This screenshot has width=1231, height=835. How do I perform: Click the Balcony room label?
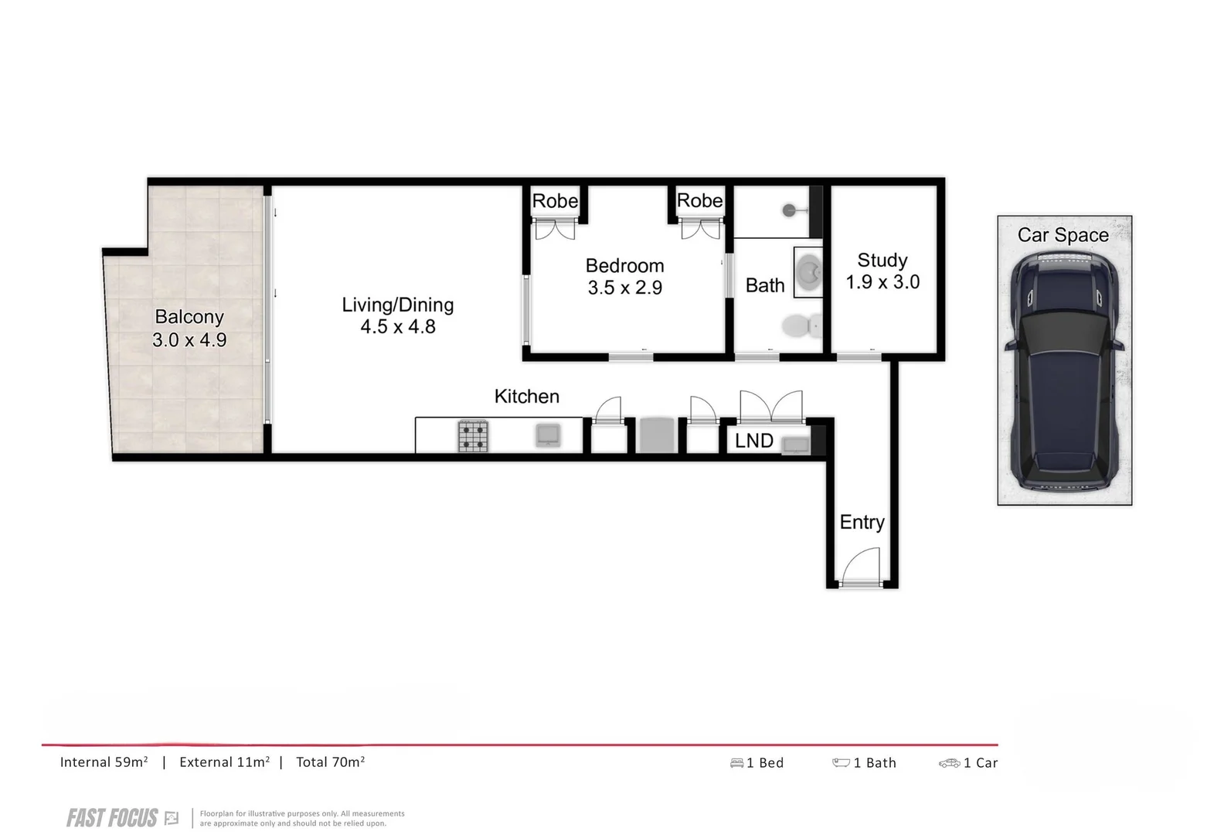189,317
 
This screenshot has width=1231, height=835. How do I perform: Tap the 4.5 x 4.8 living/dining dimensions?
398,327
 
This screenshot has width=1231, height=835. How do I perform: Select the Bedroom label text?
624,266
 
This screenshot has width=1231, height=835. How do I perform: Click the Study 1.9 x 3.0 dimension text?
882,282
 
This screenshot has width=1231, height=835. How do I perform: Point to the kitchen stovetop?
473,436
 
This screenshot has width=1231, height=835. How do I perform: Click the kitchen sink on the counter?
548,435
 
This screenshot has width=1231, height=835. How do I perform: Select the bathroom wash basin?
809,272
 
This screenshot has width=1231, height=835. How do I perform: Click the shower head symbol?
790,210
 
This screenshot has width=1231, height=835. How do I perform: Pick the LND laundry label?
753,441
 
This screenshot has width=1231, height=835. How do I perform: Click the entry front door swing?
860,567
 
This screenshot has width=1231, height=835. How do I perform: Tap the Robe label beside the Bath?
699,201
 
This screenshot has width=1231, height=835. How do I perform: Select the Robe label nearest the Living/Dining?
555,201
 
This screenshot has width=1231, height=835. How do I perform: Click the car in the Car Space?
1064,370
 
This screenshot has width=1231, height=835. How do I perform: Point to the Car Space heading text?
1063,235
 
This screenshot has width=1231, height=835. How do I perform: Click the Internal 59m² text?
104,762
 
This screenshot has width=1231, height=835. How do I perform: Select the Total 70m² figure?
331,762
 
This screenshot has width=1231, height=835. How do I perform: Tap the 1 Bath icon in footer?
841,763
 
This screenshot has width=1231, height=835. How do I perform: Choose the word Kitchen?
526,397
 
